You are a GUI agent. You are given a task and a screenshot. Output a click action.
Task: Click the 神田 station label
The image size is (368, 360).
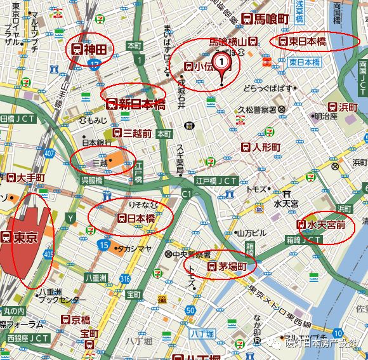coord(90,48)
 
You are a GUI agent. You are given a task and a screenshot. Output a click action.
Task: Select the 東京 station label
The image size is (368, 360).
coord(20,237)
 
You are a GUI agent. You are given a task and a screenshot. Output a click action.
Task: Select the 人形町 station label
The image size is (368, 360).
coord(260,147)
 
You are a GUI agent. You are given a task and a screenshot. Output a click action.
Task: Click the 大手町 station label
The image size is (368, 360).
coord(25,177)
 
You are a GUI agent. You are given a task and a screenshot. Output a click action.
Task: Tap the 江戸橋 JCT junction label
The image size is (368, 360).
coord(216,181)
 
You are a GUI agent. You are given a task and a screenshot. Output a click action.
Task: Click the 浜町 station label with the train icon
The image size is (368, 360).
coord(343,107)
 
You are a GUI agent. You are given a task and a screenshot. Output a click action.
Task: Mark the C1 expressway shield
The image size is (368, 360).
coord(186,192)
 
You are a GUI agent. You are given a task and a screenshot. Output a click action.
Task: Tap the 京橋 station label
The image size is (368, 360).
coord(76,319)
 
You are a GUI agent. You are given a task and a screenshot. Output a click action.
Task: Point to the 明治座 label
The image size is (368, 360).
coord(325,116)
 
